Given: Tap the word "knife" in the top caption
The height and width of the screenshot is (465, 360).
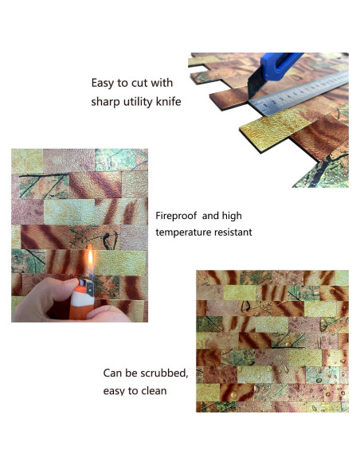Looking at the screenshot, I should click(x=164, y=102).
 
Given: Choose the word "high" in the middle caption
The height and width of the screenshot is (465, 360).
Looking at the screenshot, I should click(x=230, y=216).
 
